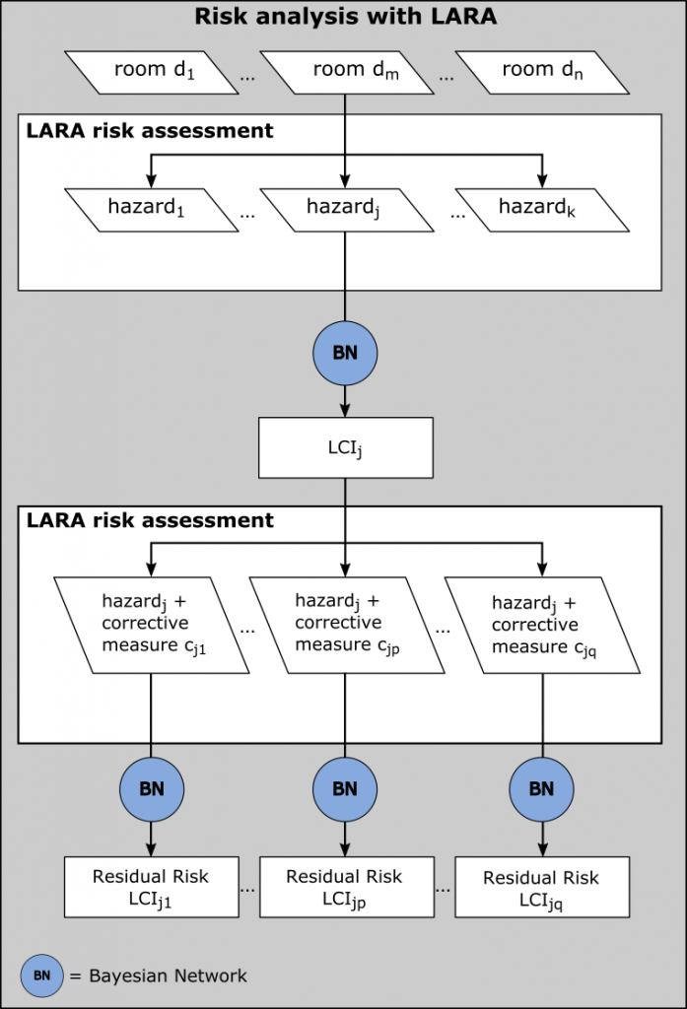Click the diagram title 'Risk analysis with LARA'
click(344, 17)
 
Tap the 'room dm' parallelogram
click(345, 72)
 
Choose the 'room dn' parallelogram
click(541, 72)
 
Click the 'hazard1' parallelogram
click(150, 209)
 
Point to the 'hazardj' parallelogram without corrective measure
click(345, 209)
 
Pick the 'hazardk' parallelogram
click(541, 209)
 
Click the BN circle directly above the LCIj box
click(345, 353)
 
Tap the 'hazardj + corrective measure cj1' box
click(150, 625)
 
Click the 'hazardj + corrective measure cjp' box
click(345, 625)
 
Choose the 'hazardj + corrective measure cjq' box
click(541, 625)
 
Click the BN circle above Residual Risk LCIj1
click(151, 788)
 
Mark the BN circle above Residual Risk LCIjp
click(345, 788)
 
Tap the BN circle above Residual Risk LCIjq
click(541, 788)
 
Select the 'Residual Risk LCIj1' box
click(151, 886)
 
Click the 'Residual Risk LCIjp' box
click(345, 887)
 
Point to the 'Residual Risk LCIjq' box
click(541, 888)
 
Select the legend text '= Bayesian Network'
click(158, 975)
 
